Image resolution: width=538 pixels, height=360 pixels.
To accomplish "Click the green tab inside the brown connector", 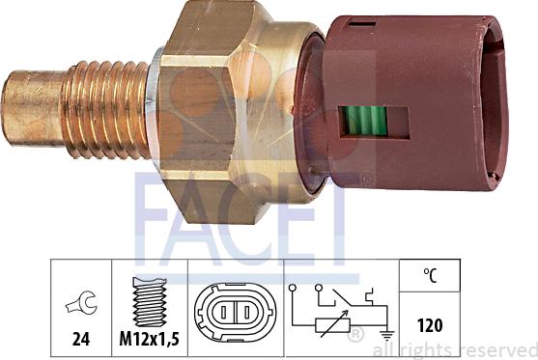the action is click(366, 121).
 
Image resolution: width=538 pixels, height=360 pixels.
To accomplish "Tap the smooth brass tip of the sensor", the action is click(33, 108).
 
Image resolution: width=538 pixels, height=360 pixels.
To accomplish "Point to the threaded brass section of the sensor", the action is click(106, 110).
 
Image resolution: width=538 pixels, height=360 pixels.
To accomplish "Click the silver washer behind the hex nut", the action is click(153, 109).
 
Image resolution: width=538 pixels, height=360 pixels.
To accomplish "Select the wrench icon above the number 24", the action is click(82, 303).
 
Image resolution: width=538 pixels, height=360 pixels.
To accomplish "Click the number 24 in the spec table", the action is click(81, 339).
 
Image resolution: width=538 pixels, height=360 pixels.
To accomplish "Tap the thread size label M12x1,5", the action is click(150, 339).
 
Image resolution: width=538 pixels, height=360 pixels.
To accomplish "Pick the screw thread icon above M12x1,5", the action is click(150, 302).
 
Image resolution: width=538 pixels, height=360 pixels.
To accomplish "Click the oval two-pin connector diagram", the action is click(235, 312).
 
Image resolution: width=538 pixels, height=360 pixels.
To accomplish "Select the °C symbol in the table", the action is click(430, 275).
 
